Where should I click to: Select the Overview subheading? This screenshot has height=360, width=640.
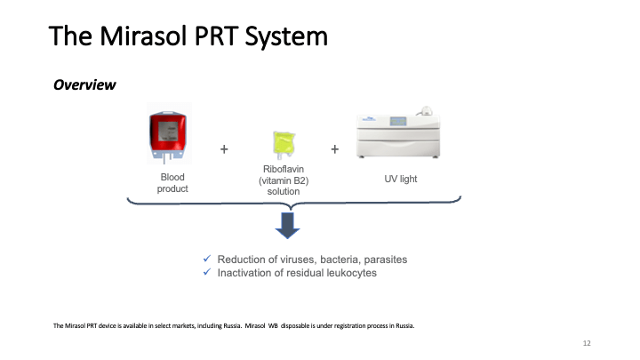[85, 85]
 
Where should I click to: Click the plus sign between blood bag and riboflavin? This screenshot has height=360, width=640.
[224, 149]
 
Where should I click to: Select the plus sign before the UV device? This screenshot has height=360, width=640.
[335, 149]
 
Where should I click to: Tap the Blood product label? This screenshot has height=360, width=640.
[172, 183]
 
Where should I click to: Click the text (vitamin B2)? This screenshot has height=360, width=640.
[284, 180]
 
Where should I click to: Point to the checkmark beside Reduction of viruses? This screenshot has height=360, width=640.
[207, 260]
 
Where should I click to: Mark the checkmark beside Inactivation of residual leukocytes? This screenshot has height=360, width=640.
[207, 273]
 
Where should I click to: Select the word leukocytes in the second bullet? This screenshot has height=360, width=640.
[349, 273]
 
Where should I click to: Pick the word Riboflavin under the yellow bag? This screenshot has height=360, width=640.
[284, 169]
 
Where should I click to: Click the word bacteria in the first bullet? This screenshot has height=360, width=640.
[330, 260]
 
